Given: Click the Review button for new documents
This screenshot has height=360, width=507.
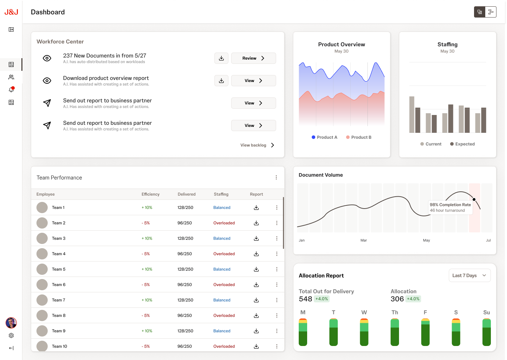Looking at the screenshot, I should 253,58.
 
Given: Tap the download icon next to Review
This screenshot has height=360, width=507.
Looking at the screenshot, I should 221,58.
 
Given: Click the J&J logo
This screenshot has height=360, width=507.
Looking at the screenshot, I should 11,12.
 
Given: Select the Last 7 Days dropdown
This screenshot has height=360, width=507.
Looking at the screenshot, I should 469,276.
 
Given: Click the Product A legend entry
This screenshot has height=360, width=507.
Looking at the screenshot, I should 324,137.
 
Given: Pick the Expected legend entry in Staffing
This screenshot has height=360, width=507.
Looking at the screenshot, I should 462,144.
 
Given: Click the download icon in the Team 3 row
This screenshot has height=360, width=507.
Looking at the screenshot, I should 256,238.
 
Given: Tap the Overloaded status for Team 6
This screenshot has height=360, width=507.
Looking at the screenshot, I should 224,285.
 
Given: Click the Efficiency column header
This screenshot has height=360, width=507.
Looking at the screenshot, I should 150,194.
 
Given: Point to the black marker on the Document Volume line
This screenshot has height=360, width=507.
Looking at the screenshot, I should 474,199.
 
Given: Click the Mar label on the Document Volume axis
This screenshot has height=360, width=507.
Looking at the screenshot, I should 364,240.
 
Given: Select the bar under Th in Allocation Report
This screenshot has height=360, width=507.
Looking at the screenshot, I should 395,332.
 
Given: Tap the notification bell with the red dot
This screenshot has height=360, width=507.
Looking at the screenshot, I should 11,90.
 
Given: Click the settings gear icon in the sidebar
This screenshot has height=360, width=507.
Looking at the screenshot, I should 11,335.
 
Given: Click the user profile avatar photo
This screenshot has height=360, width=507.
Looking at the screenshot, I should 11,322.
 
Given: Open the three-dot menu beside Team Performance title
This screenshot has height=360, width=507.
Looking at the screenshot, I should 276,178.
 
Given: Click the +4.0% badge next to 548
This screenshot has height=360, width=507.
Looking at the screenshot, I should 322,299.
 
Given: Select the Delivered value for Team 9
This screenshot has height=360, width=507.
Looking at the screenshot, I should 185,331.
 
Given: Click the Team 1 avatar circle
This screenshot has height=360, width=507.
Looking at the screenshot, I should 42,208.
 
